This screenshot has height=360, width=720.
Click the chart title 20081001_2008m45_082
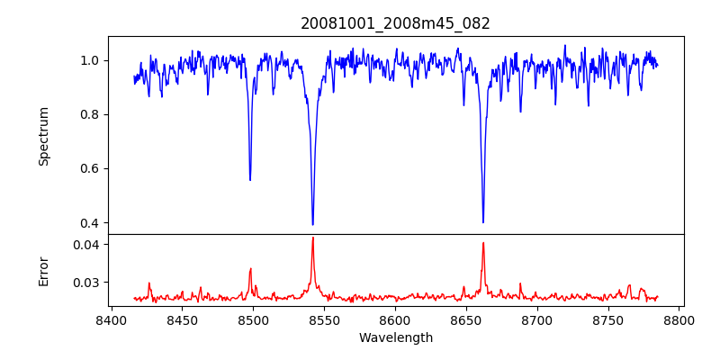pos(395,23)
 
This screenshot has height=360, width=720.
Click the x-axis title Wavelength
pos(395,337)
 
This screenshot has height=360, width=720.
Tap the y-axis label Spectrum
pos(44,136)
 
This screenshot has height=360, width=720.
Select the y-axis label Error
pos(44,271)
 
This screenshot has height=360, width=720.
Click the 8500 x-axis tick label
pos(253,319)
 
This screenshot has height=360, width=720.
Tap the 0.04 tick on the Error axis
pos(85,244)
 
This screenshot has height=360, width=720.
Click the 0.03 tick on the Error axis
pos(85,282)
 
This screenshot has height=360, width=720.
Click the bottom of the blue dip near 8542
pos(312,224)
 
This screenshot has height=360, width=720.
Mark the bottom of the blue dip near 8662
pos(483,222)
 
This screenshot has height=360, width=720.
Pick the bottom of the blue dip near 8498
pos(250,180)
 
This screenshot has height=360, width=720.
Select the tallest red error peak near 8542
pos(312,238)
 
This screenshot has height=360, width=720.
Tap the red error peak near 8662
pos(483,242)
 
